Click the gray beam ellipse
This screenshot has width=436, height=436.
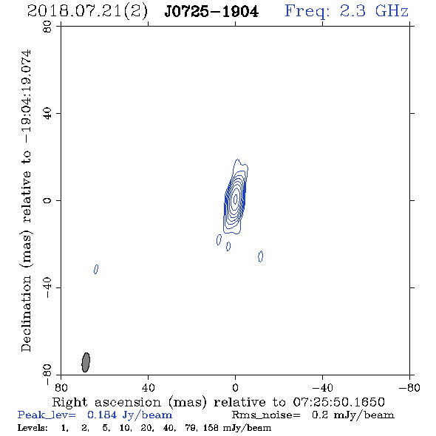pos(86,362)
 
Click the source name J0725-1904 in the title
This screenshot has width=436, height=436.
pos(211,12)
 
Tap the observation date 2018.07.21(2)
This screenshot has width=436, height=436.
pos(87,12)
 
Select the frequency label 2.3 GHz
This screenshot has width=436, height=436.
pos(374,11)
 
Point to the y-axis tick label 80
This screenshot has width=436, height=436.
pos(47,27)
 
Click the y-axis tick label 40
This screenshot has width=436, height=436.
pos(47,114)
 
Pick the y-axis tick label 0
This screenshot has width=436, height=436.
pos(47,200)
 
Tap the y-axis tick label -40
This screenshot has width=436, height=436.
pos(47,287)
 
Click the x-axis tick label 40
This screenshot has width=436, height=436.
pos(148,387)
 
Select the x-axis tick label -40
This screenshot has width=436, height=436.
pos(322,387)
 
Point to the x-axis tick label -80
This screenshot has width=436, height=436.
pos(409,387)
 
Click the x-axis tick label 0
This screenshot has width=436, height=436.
pos(235,387)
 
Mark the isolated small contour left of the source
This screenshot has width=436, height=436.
pos(96,269)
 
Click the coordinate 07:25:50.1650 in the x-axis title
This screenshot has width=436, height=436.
pos(338,402)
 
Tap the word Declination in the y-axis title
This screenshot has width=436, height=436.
pos(26,313)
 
